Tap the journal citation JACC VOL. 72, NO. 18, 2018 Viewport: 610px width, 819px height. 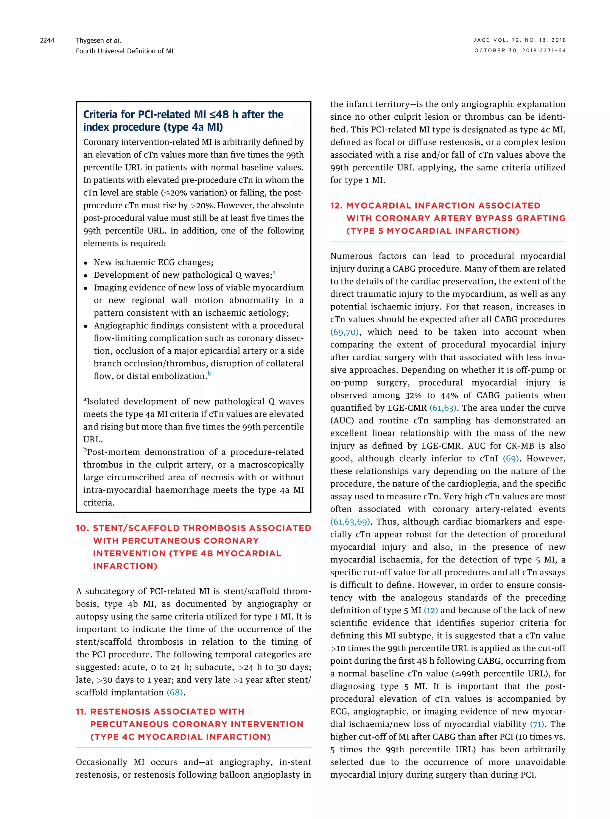[519, 40]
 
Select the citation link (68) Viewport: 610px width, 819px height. [175, 693]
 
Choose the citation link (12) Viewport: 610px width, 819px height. [431, 610]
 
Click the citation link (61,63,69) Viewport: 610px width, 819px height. [350, 522]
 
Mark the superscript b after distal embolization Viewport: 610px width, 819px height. [209, 374]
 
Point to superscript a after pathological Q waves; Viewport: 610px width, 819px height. [274, 273]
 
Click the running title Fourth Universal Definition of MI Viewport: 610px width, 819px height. [125, 51]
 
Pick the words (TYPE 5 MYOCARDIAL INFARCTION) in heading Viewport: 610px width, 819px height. [433, 231]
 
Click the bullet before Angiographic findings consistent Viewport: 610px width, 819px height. [86, 326]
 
